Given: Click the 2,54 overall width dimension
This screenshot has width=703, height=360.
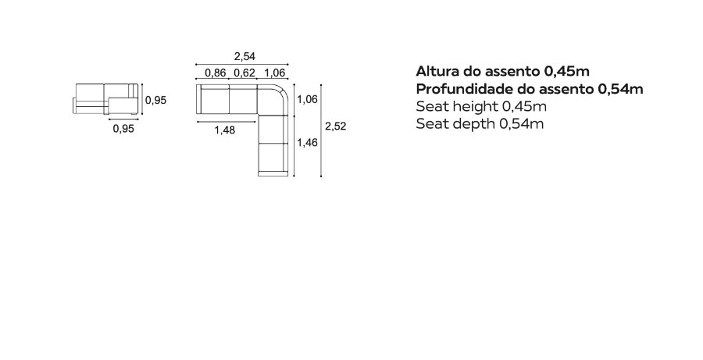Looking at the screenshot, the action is pos(244,56).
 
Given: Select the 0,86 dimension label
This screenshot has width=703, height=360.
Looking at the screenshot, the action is pos(216,73).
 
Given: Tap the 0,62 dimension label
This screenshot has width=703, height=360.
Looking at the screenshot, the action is pos(244,73).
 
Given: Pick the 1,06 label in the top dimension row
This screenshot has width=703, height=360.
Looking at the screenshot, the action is pos(274,73).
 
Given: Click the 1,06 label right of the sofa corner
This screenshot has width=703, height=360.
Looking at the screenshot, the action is pos(307,99).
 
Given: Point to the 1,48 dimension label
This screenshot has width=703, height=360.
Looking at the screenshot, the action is pos(225,130).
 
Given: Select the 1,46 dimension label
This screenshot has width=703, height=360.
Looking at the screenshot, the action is pos(307,143).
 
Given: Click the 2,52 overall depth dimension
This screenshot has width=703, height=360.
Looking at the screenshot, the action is pos(336,127).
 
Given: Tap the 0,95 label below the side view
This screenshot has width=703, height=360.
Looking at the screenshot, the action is pos(123,129).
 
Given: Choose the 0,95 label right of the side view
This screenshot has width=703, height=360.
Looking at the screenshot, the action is pos(155,101).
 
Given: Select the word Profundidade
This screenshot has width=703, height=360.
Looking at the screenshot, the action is pos(465,89).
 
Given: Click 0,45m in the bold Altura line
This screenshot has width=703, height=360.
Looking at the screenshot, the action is pos(567,71).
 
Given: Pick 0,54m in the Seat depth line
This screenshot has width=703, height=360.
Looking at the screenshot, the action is pos(522,123).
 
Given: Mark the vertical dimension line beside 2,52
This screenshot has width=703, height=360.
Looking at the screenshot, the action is pos(321,130).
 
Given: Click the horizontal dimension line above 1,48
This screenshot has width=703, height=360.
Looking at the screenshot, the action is pos(227,122).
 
